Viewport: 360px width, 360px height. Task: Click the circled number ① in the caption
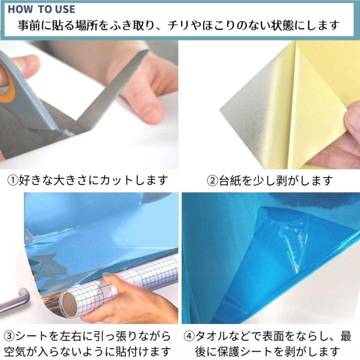point(12,181)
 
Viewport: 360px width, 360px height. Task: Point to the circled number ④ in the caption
point(190,336)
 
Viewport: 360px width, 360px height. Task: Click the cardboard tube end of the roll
point(71,304)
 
